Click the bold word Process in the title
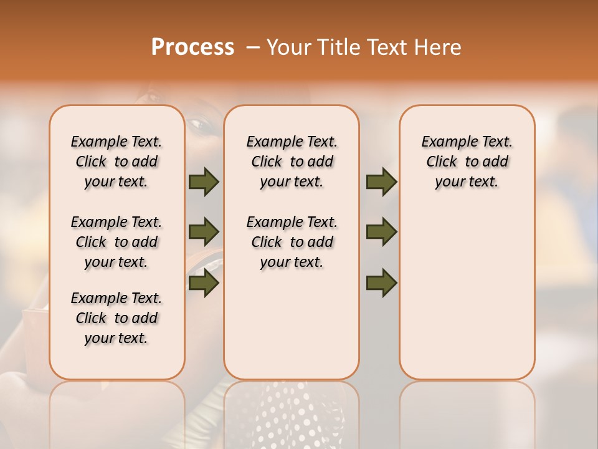point(192,47)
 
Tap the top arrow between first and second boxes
point(204,182)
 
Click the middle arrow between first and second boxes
point(204,232)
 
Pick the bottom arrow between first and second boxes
point(204,284)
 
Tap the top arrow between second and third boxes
point(381,182)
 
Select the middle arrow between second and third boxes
point(381,232)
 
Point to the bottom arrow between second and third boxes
point(381,284)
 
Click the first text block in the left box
point(116,162)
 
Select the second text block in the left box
point(116,242)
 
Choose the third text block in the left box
point(116,318)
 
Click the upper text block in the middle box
point(292,162)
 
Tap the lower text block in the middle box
point(292,242)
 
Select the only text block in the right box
point(467,162)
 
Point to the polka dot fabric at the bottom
point(293,412)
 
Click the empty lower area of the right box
point(467,299)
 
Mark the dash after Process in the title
point(252,47)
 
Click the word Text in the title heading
point(386,47)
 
